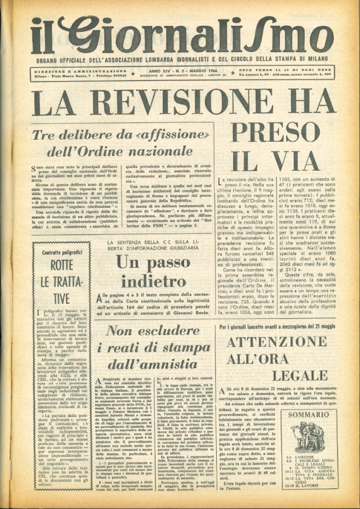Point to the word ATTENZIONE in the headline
click(x=277, y=342)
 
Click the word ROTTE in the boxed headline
click(x=62, y=265)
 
